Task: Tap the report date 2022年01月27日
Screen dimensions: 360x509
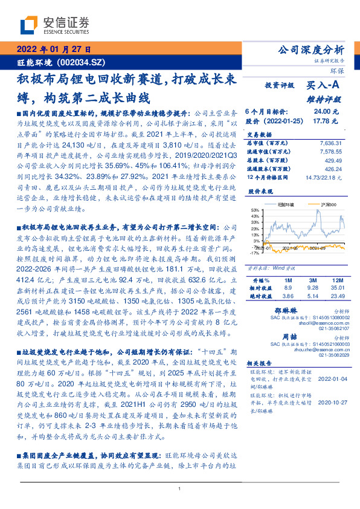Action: point(54,50)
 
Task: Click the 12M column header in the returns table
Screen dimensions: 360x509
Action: point(337,281)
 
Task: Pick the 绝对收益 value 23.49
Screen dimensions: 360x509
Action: point(336,297)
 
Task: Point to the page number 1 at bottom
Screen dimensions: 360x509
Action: point(180,488)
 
